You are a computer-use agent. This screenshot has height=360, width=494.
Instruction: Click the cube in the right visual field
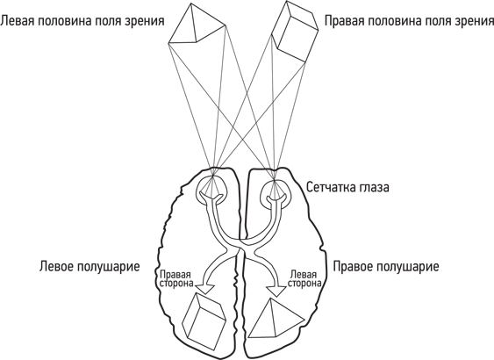pos(295,32)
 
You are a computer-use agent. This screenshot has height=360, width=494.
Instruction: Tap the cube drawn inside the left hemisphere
pos(204,319)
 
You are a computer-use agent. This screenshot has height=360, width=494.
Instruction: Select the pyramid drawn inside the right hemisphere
pos(276,319)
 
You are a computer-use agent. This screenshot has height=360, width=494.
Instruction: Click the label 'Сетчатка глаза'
pos(347,187)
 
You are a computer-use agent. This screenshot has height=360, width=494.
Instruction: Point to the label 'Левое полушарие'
pos(89,266)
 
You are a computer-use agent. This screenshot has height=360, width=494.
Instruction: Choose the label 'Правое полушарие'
pos(386,266)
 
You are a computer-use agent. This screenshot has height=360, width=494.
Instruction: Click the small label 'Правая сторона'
pos(176,278)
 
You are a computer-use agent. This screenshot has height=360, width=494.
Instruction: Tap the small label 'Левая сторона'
pos(304,278)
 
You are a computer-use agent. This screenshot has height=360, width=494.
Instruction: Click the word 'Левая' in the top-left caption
pos(17,21)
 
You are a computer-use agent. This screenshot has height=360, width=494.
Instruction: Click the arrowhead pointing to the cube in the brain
pos(204,289)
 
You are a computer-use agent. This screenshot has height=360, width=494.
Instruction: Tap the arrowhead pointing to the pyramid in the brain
pos(276,291)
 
